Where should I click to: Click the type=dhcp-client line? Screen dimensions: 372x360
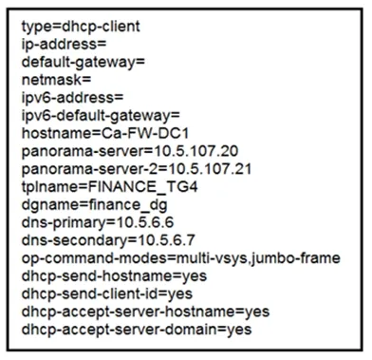(x=81, y=27)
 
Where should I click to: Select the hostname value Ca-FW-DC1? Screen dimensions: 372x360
(x=145, y=133)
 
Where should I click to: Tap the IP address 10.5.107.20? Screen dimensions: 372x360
(x=195, y=151)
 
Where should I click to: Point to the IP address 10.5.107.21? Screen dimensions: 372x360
(x=210, y=169)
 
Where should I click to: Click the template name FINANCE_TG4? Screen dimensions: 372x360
(x=142, y=187)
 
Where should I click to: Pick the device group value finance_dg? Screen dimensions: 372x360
(x=128, y=205)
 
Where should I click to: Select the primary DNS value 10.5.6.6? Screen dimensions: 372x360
(x=145, y=222)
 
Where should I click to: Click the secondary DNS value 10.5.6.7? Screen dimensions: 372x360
(x=167, y=240)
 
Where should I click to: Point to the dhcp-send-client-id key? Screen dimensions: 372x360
(x=89, y=294)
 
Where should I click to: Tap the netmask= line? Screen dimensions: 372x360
(x=56, y=80)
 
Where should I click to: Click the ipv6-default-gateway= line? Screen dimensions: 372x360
(x=101, y=116)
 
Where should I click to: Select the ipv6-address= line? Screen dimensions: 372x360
(x=72, y=98)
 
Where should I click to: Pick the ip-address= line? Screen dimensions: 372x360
(x=64, y=45)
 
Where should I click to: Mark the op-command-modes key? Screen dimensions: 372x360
(x=94, y=258)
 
